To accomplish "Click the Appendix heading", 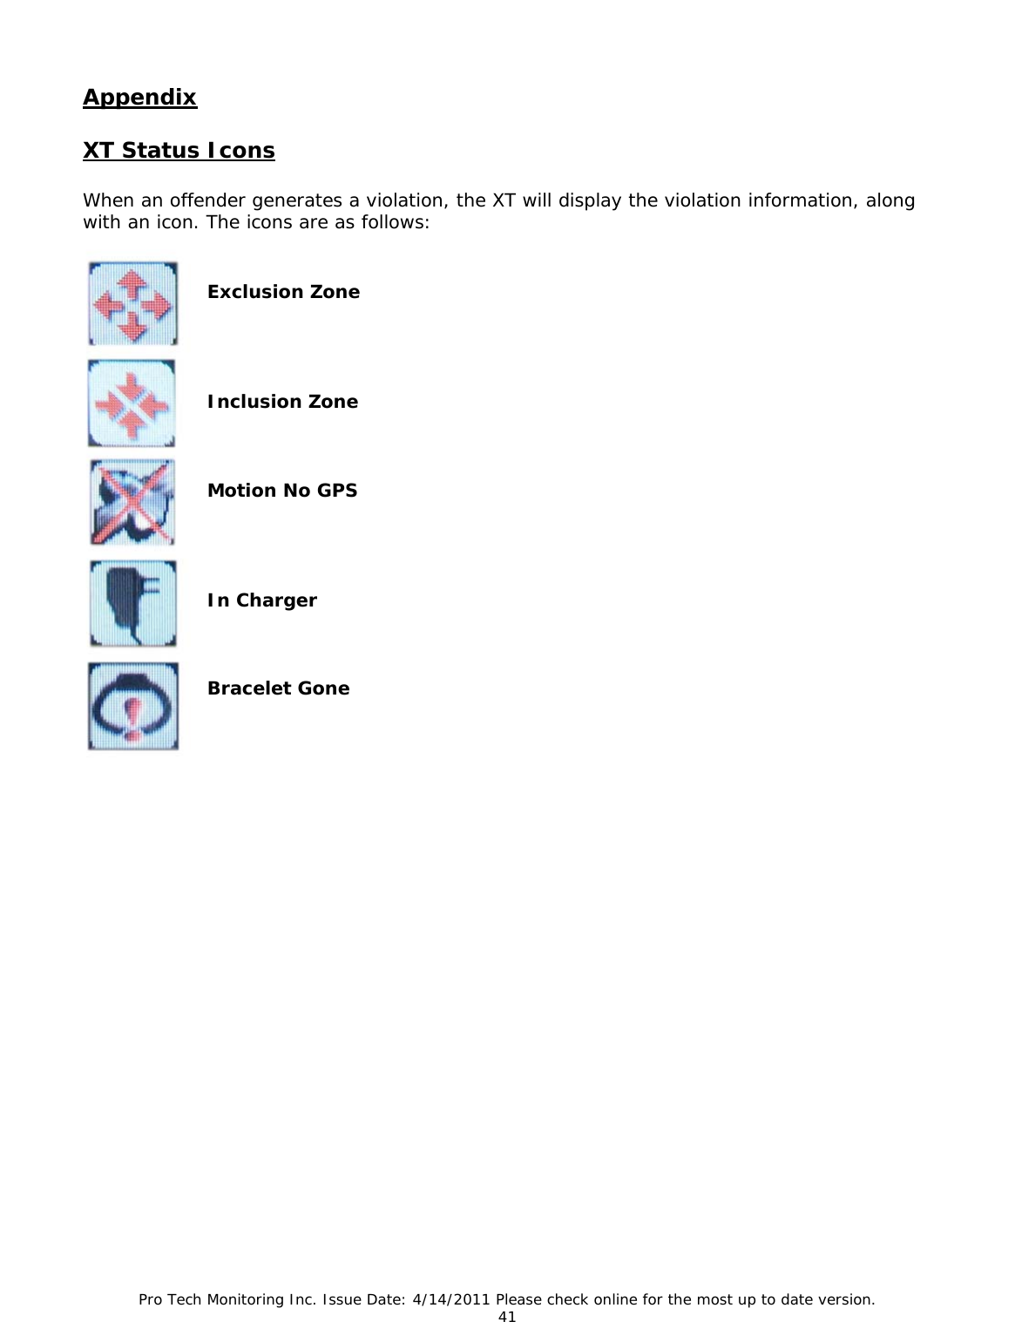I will (x=139, y=97).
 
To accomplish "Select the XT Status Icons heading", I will (x=179, y=151).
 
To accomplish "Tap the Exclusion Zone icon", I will (x=132, y=303).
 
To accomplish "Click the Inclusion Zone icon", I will (x=132, y=403).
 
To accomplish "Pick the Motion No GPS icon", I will (x=132, y=503).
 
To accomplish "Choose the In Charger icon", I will (x=132, y=603).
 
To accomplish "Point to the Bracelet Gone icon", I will (x=132, y=706).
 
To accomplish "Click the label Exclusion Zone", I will (x=283, y=292).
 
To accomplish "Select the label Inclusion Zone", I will (x=282, y=402).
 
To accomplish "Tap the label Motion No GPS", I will (x=282, y=491).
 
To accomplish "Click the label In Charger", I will (x=261, y=600).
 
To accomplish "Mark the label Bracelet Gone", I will (x=278, y=688).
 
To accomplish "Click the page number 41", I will (x=507, y=1317).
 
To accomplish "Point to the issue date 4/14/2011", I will (x=448, y=1299).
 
